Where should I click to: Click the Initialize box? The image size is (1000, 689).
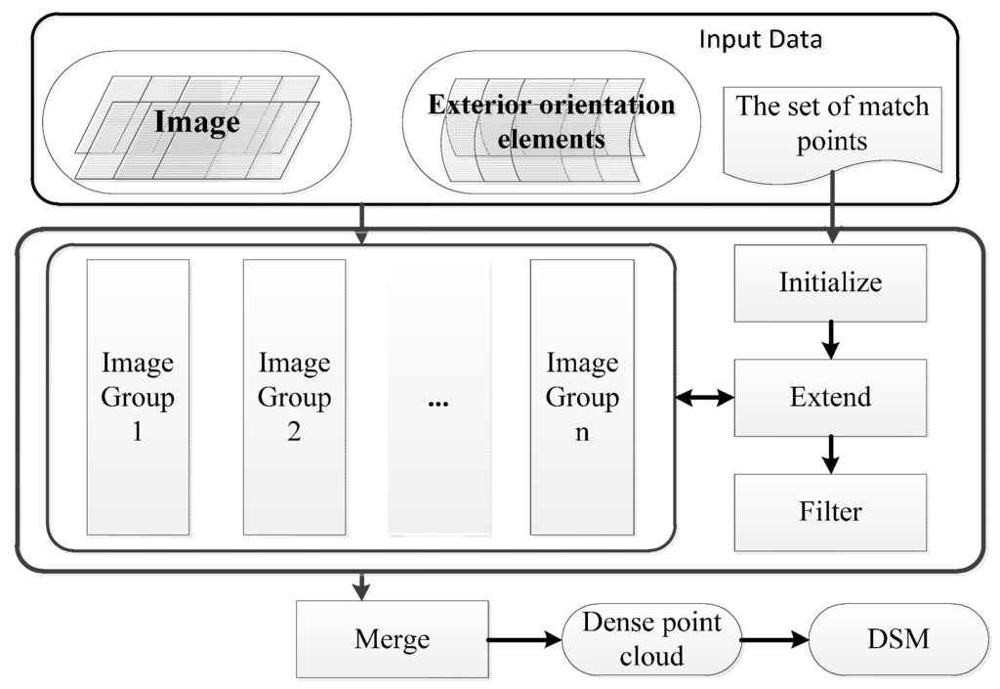coord(830,282)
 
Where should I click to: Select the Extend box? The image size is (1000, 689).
coord(830,397)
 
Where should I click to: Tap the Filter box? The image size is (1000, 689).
coord(830,511)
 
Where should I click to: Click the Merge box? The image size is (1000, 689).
coord(392,640)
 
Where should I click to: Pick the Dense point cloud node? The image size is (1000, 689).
coord(650,640)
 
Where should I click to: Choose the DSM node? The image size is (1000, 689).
coord(899,640)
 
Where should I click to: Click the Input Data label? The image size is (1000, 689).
coord(761,41)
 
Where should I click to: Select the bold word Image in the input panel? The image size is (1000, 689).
coord(196,122)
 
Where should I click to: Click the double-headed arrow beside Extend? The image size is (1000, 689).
coord(704,397)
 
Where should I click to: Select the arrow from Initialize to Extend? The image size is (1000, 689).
coord(830,339)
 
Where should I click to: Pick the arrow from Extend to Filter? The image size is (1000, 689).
coord(830,453)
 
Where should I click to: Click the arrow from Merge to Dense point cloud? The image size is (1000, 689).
coord(524,641)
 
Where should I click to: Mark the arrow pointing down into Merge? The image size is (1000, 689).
coord(362,585)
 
